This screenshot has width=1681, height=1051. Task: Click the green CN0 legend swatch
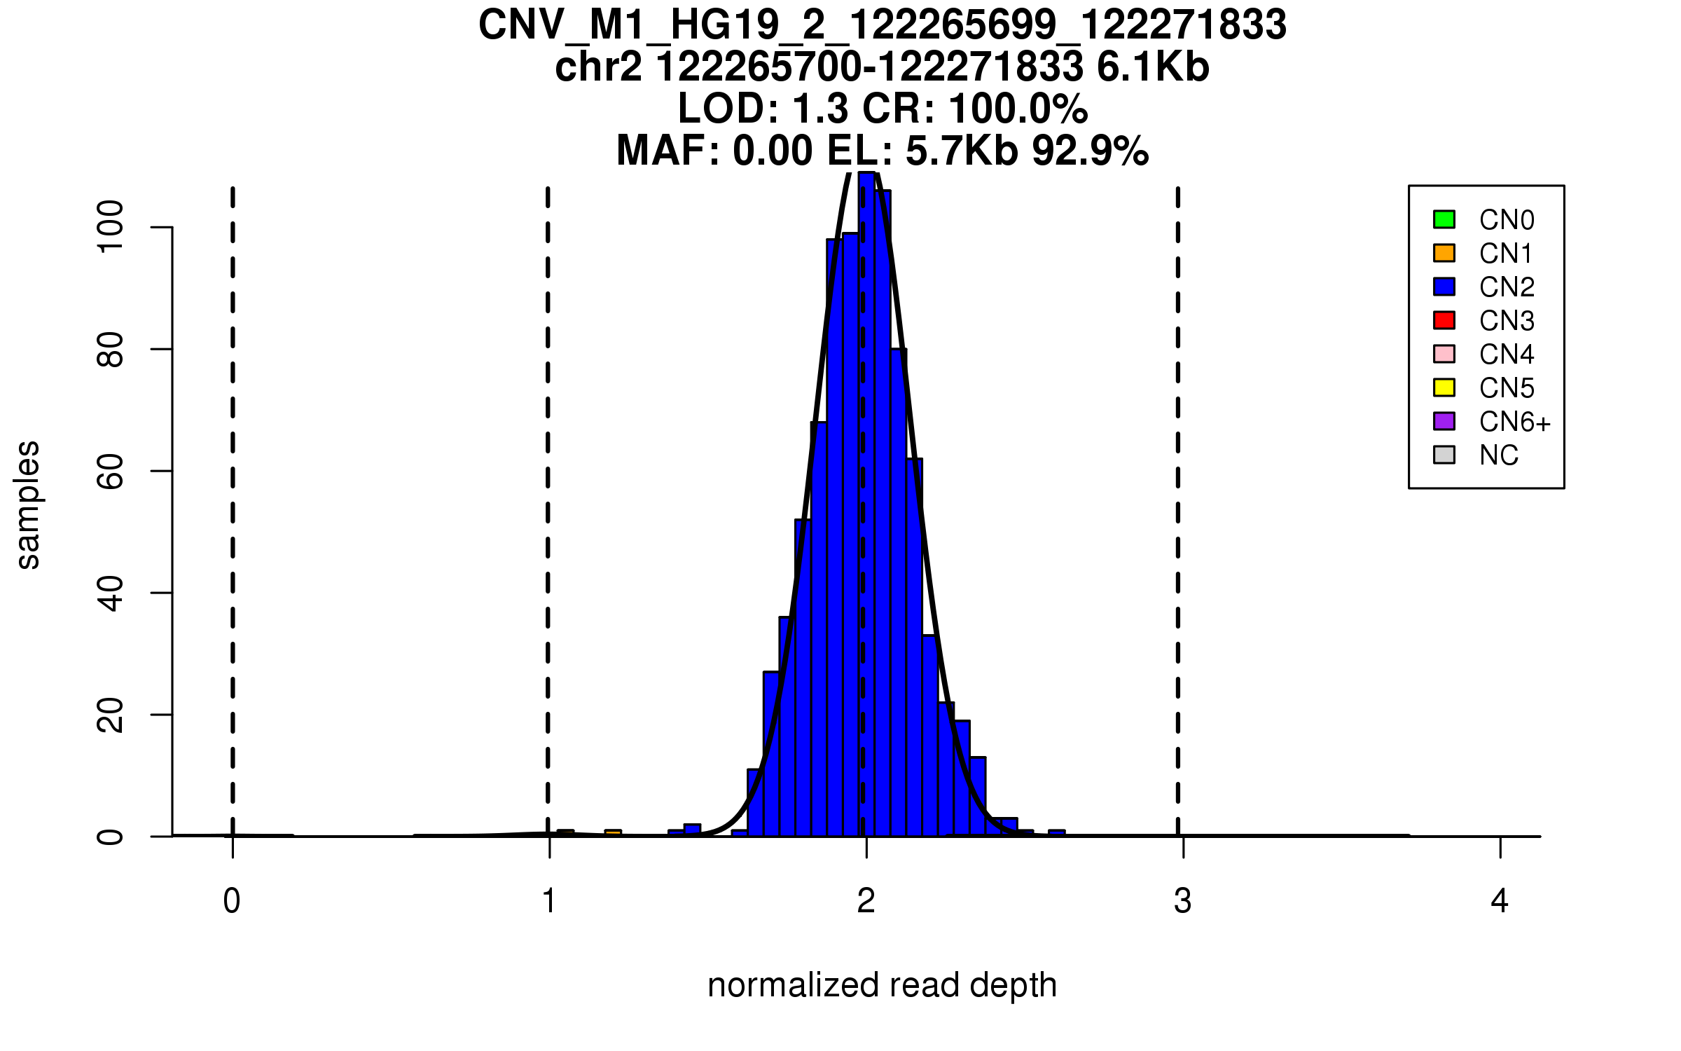1444,219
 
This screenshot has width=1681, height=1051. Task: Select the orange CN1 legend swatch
1444,253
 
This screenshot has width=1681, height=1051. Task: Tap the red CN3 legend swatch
1444,320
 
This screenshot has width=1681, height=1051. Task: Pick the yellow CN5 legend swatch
1444,387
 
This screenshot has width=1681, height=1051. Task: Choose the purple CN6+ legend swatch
1444,421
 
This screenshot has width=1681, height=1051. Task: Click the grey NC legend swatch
1444,455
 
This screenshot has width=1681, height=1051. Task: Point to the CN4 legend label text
1507,355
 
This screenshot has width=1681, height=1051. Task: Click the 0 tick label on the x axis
232,901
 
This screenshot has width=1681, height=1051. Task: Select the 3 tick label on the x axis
1183,901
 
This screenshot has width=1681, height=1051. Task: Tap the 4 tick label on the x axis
1500,901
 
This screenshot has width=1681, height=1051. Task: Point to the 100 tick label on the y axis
111,226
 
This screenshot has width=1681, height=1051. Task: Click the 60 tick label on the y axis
111,471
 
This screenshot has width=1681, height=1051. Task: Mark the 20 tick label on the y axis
111,715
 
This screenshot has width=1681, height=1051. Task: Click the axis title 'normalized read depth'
882,986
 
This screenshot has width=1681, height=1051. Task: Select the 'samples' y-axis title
28,504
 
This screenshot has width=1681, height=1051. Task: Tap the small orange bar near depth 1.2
613,833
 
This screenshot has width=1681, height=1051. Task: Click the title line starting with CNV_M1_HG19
882,25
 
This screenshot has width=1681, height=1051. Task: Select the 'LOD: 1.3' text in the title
762,109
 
